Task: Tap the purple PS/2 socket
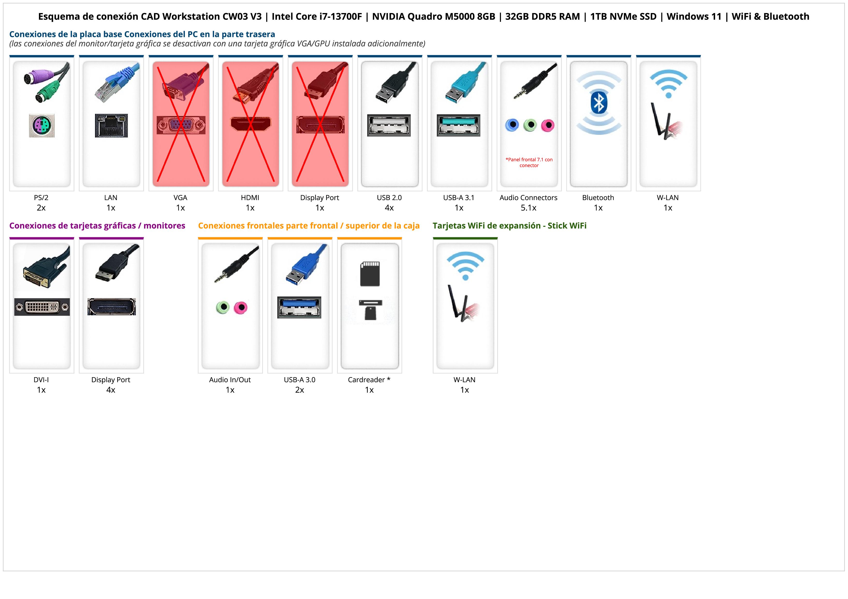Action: coord(42,125)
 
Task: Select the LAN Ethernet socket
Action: coord(111,125)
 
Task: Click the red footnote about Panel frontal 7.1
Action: coord(529,162)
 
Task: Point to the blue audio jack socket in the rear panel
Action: coord(512,125)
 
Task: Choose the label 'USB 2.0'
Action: coord(389,197)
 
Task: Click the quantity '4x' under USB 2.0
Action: coord(389,208)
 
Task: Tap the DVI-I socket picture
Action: coord(42,307)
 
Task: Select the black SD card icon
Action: coord(370,274)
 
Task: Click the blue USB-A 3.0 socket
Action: coord(299,307)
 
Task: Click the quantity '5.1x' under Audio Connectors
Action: coord(528,208)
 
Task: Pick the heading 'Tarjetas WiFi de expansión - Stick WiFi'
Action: coord(509,225)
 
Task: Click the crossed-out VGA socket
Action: coord(181,125)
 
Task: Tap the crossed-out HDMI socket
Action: coord(250,124)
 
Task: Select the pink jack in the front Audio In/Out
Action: coord(241,307)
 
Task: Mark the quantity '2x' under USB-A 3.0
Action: coord(300,390)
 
